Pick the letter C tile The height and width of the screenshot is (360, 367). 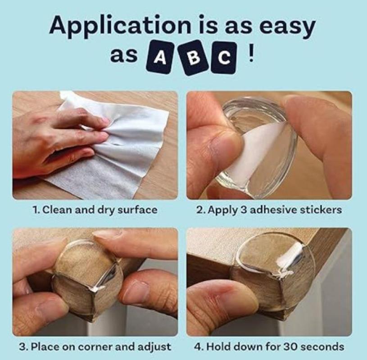tap(223, 57)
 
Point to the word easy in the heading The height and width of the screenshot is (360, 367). tap(288, 27)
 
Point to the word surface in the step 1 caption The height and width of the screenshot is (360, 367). tap(137, 210)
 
